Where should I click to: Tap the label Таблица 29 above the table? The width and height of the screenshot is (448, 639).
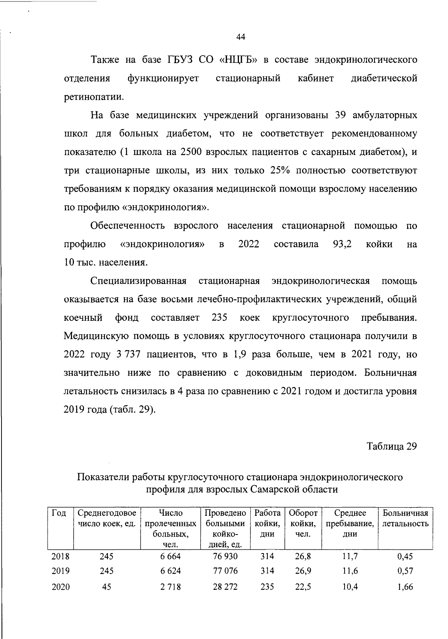coord(391,447)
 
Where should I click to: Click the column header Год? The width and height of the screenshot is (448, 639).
coord(59,514)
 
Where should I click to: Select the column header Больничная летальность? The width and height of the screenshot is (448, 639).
coord(405,518)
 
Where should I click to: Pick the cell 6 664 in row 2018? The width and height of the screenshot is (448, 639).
coord(170,556)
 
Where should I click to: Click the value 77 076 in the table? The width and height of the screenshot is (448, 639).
coord(225,571)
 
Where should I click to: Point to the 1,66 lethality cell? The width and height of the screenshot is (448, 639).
coord(405,587)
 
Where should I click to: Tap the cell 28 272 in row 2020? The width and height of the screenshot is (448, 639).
coord(225,587)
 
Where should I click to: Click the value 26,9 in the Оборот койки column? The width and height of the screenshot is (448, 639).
coord(303,571)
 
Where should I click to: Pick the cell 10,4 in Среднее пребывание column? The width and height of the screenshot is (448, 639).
coord(350,587)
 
